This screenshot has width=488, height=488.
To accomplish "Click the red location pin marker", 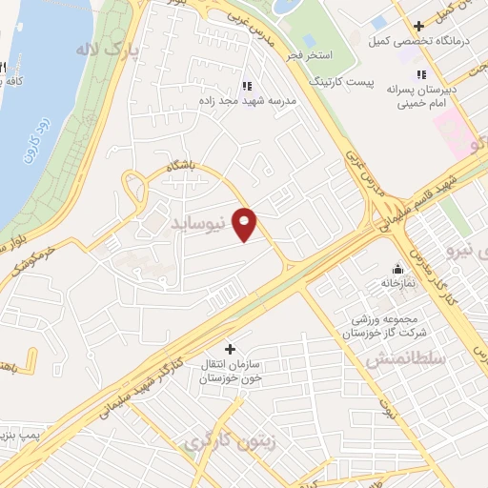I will [245, 224].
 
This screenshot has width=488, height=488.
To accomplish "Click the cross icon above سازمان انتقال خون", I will [229, 348].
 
